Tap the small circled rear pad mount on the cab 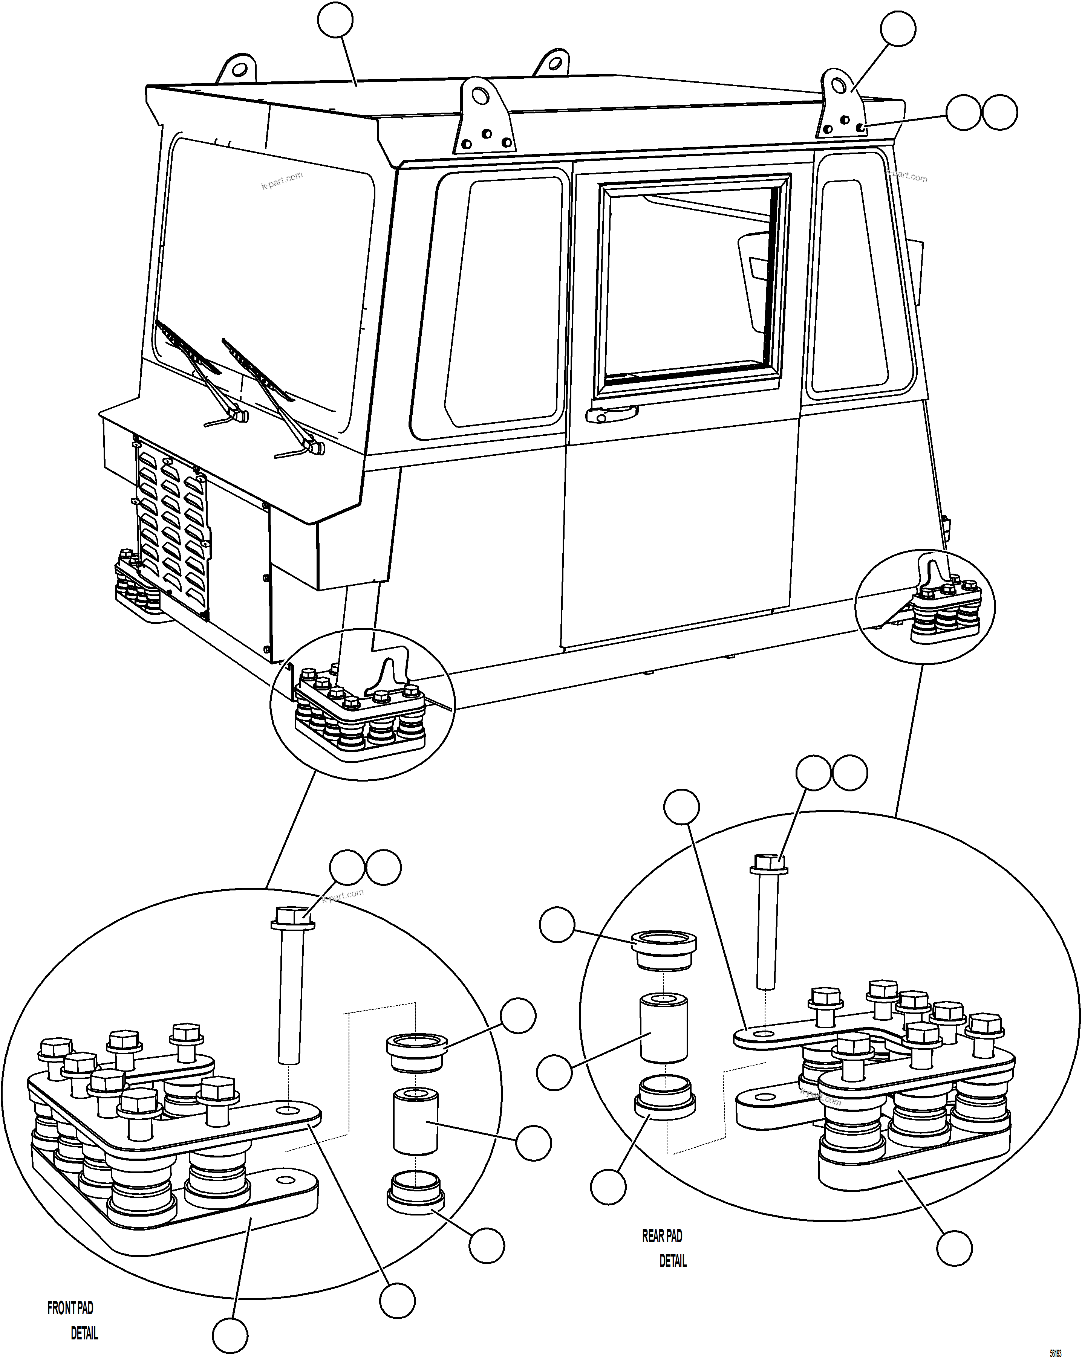(924, 606)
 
